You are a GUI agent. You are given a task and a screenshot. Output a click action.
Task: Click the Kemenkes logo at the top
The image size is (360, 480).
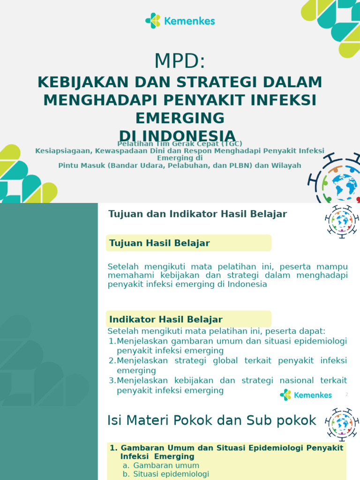180,21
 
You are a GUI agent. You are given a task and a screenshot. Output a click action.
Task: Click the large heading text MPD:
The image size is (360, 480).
180,61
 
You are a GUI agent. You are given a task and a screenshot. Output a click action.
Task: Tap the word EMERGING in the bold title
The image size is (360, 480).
180,117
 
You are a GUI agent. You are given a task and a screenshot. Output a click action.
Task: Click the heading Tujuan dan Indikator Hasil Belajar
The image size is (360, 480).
197,214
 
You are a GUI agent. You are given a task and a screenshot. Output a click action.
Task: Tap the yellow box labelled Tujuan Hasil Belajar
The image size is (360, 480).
188,243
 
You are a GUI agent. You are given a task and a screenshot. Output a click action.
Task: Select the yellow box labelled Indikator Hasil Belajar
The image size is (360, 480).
188,319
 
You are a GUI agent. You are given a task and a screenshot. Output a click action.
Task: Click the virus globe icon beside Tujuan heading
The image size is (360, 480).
341,221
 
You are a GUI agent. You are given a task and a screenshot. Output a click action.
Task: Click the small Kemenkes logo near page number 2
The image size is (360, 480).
306,395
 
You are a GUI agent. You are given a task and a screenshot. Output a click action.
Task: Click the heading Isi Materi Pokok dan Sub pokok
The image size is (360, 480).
212,420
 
